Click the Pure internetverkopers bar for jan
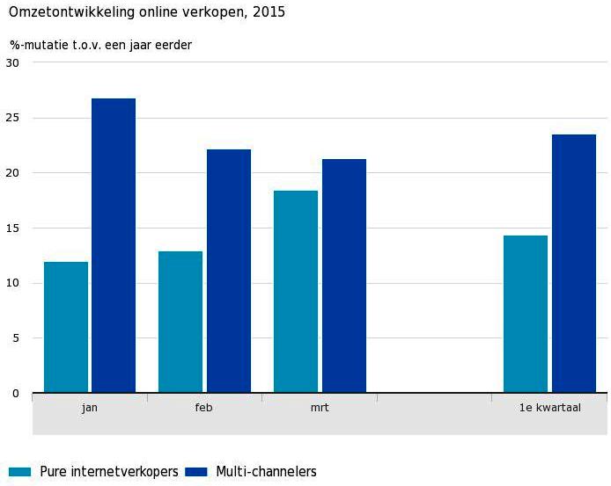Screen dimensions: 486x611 (66, 327)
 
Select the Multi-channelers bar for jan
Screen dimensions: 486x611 (114, 245)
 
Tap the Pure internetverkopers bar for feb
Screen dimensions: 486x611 (180, 322)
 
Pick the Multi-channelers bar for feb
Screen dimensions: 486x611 (229, 271)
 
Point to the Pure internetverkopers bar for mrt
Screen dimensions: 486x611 (296, 292)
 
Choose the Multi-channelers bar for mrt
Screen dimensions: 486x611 (344, 276)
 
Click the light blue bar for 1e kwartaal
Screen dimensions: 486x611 (526, 314)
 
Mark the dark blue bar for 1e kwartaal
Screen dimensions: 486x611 (574, 264)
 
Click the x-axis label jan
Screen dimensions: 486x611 (90, 408)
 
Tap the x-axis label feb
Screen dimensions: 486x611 (204, 408)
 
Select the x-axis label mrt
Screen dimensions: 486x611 (320, 408)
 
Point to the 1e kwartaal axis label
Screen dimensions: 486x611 (549, 408)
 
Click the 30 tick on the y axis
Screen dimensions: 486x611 (12, 62)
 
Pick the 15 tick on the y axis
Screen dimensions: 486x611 (12, 228)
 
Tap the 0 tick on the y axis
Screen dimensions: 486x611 (15, 394)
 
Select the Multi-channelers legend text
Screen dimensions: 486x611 (266, 472)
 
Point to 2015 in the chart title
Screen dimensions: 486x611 (269, 13)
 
